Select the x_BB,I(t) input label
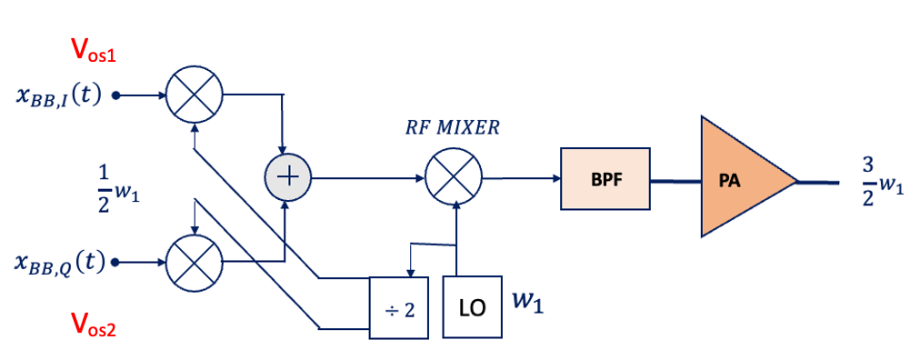(58, 95)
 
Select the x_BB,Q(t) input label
(58, 263)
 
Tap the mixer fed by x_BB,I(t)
(195, 94)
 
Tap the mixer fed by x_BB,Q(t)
(195, 263)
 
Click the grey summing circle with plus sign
(286, 177)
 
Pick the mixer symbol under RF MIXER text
(454, 177)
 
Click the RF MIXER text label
(452, 127)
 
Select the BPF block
(605, 178)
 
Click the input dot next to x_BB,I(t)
(116, 94)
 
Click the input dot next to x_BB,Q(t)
(116, 263)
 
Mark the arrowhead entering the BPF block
(555, 178)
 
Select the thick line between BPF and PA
(675, 179)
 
